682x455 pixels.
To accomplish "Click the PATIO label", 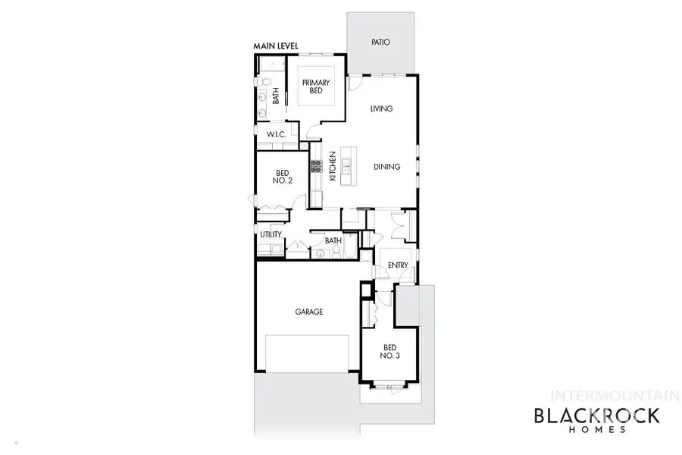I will tap(380, 42).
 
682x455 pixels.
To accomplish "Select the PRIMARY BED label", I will tap(314, 86).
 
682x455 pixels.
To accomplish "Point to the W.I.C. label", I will tap(275, 134).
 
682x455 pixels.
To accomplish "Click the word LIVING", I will tap(381, 109).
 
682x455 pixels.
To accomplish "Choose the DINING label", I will tap(386, 167).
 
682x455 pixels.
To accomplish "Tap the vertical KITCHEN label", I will tap(332, 167).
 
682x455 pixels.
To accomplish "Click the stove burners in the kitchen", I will tap(314, 168).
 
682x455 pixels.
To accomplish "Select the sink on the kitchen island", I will tap(347, 166).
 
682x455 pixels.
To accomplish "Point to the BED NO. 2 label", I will tap(282, 177).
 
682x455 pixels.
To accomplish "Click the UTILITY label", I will tap(271, 235).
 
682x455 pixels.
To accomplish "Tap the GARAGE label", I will tap(309, 312).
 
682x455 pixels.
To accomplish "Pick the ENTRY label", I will tap(398, 265).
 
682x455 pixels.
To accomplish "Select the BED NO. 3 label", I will tap(389, 351).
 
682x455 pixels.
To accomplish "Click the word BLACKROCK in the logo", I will tap(597, 415).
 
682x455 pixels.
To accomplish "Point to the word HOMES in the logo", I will tap(598, 430).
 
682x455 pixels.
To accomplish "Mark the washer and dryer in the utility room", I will tap(272, 248).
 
